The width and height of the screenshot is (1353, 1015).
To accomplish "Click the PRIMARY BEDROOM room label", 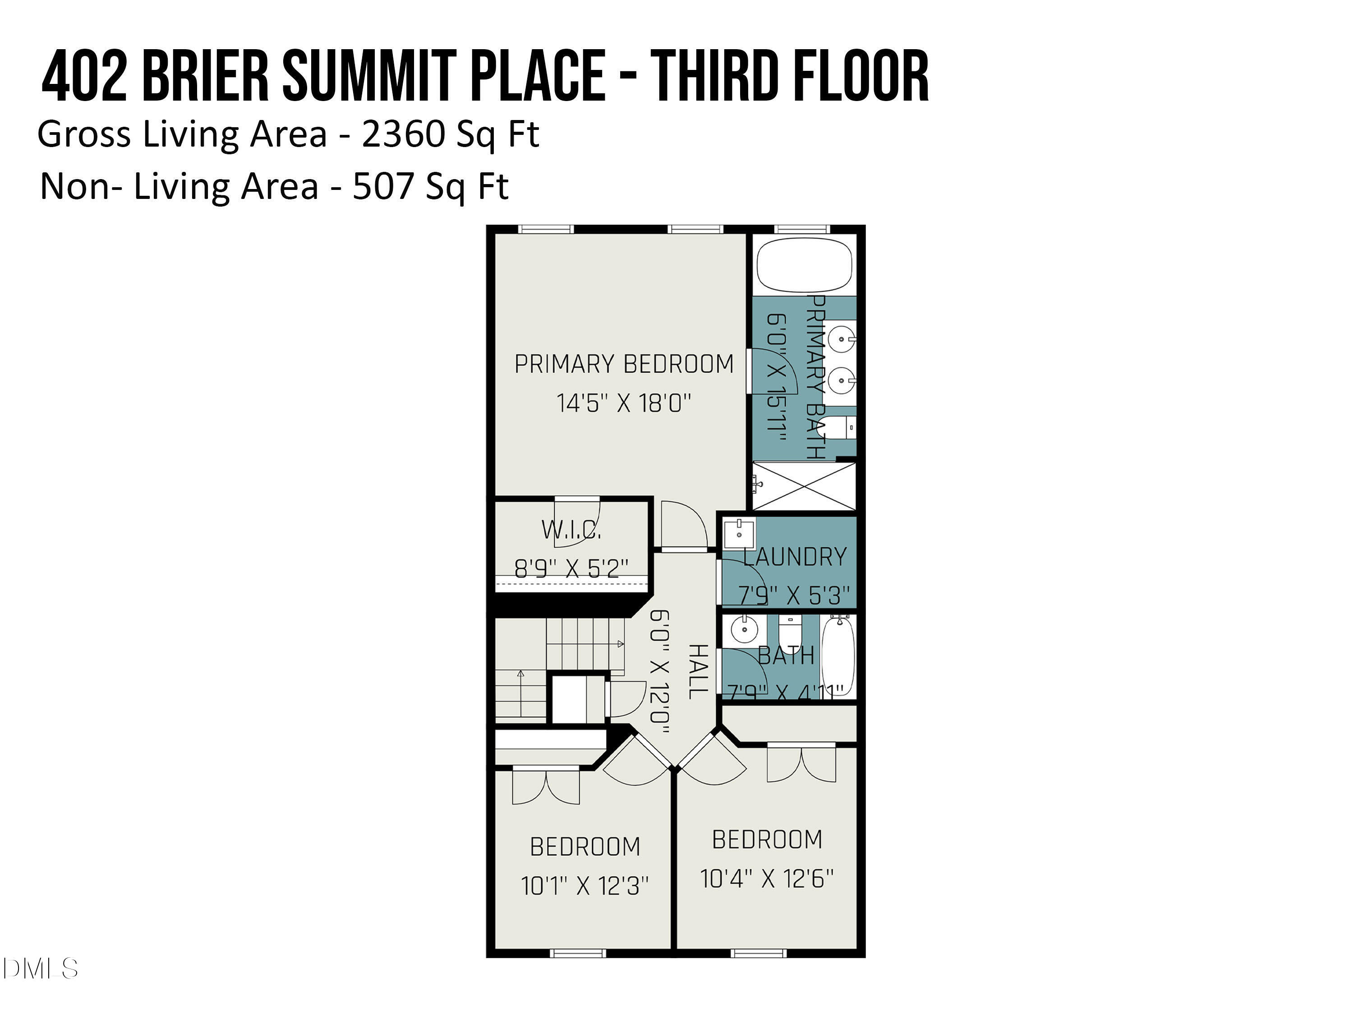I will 623,364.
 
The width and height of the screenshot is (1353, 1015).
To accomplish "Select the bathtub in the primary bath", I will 804,265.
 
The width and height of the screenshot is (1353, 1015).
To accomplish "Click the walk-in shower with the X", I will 804,486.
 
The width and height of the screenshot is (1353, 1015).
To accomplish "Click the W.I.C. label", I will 571,530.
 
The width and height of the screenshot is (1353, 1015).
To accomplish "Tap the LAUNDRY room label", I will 795,557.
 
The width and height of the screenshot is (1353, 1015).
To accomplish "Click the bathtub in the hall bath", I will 838,656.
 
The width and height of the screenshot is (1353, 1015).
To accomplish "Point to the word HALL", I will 697,671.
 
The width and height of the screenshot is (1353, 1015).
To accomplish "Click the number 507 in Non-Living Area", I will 383,187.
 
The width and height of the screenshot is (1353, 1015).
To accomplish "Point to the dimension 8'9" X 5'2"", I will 571,569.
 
